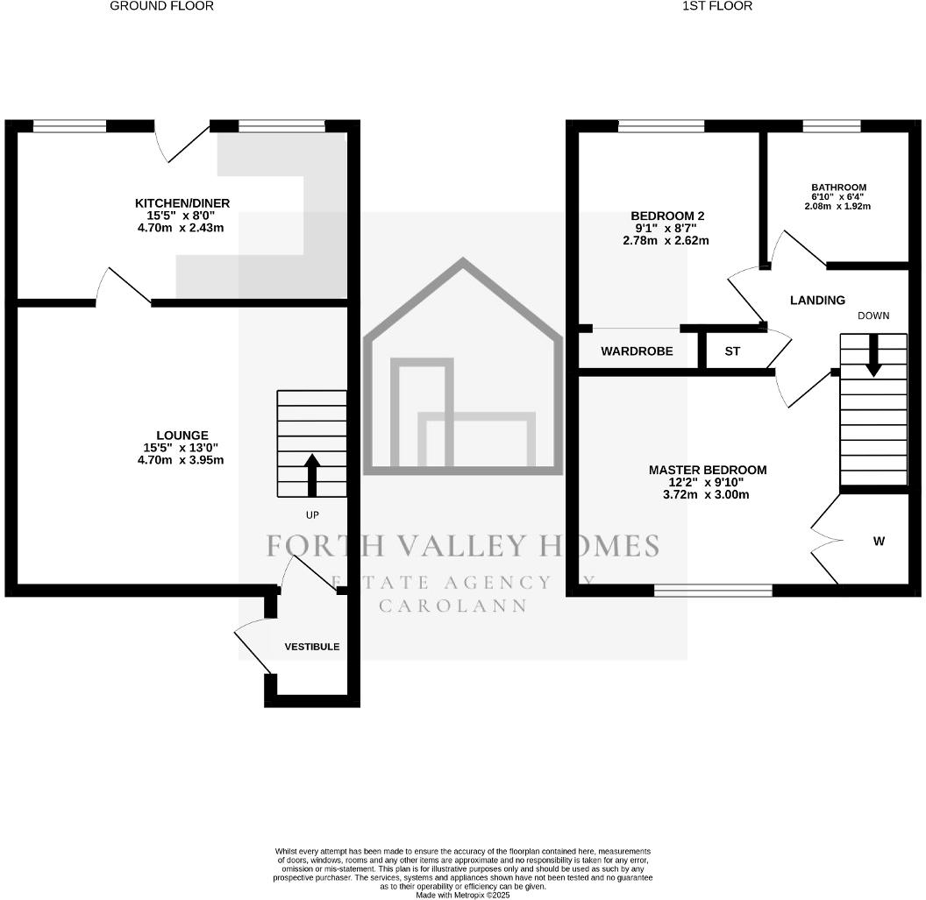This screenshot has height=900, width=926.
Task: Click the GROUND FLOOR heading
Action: (162, 6)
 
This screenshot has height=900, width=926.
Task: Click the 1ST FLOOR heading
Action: (717, 6)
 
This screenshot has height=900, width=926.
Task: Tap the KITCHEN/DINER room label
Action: (182, 203)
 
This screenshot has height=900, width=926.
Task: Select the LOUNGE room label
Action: (182, 436)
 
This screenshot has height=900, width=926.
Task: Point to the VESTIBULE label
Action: (312, 647)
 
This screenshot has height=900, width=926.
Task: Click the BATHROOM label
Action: (838, 188)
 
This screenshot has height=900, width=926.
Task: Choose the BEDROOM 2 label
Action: (667, 216)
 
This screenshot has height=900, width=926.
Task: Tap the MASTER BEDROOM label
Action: (708, 470)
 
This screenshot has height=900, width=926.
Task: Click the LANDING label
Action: (817, 301)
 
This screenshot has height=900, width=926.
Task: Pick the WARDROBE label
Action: (637, 351)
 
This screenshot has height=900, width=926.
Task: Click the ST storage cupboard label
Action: (732, 351)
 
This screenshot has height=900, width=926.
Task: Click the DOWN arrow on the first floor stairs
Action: (873, 355)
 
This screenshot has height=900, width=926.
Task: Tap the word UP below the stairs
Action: (312, 515)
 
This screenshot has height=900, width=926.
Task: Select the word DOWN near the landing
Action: (873, 315)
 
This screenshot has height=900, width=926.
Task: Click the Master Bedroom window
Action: (714, 590)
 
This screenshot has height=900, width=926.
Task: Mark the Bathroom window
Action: (831, 125)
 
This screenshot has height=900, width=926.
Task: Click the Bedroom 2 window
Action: (661, 125)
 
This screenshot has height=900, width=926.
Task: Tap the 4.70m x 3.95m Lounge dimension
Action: (181, 460)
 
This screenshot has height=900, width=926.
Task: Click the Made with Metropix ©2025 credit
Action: (463, 896)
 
